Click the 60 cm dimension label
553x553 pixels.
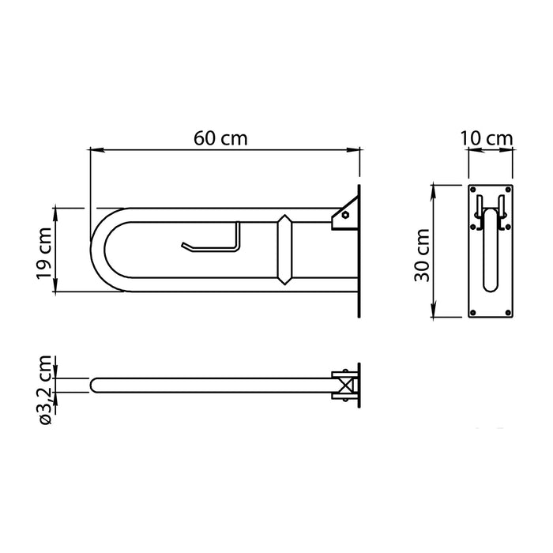(221, 138)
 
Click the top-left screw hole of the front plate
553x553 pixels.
(472, 191)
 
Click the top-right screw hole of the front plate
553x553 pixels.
(510, 191)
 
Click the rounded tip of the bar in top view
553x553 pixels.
(93, 386)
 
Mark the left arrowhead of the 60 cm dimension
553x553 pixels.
(92, 149)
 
